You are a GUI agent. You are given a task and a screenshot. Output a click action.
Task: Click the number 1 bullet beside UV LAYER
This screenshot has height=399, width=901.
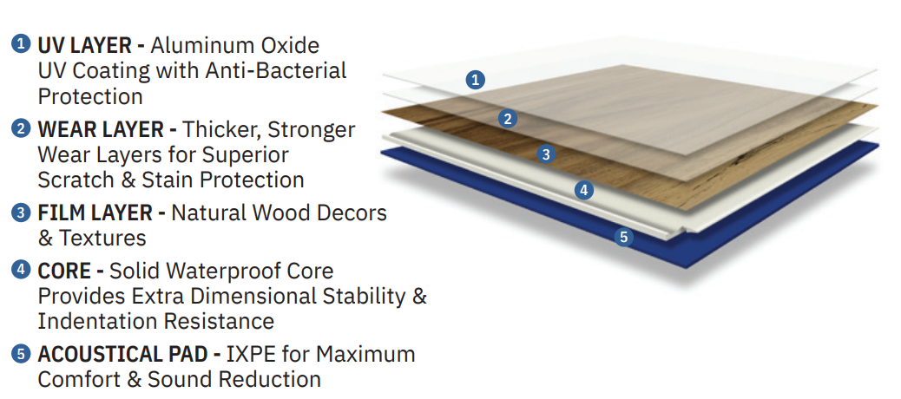point(21,44)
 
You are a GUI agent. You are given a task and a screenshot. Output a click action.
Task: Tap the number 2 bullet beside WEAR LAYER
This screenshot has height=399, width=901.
point(21,129)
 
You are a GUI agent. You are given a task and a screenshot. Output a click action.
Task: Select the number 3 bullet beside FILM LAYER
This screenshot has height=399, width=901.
point(21,213)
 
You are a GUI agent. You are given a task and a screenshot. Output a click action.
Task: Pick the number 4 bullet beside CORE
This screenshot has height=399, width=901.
point(21,270)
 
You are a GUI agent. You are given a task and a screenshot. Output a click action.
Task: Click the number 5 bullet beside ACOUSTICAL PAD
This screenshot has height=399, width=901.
point(21,354)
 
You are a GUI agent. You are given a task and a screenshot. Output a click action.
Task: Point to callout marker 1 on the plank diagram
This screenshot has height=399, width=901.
point(475,80)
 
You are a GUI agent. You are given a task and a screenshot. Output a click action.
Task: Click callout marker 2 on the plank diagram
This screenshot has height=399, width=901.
point(508,119)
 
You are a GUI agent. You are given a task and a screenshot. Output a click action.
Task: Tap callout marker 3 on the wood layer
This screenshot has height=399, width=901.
point(546,154)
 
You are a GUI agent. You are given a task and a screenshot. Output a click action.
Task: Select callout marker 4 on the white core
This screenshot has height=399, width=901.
point(584,190)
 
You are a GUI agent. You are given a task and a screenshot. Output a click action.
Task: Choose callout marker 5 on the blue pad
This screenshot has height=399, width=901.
point(623,237)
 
